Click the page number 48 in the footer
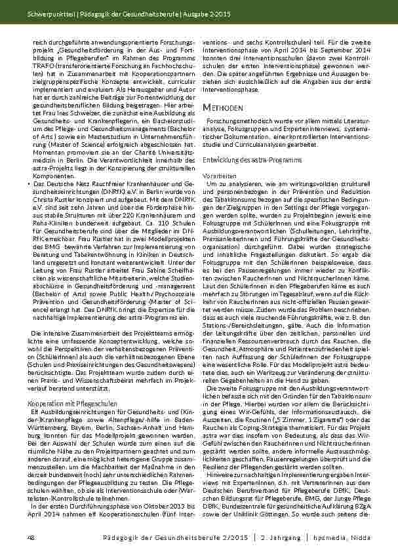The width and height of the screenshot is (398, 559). (x=30, y=538)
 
